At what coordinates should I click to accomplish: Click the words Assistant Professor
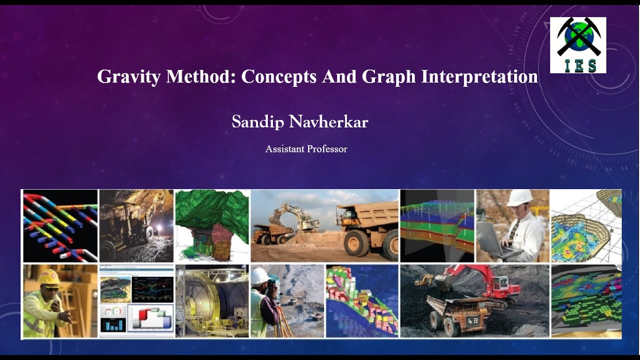coord(306,149)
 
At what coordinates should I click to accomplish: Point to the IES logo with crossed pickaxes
coord(578,45)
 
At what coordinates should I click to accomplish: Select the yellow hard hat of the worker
coord(49,276)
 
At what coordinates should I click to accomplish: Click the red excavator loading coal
coord(480,280)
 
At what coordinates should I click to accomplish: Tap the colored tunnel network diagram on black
coord(60,225)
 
